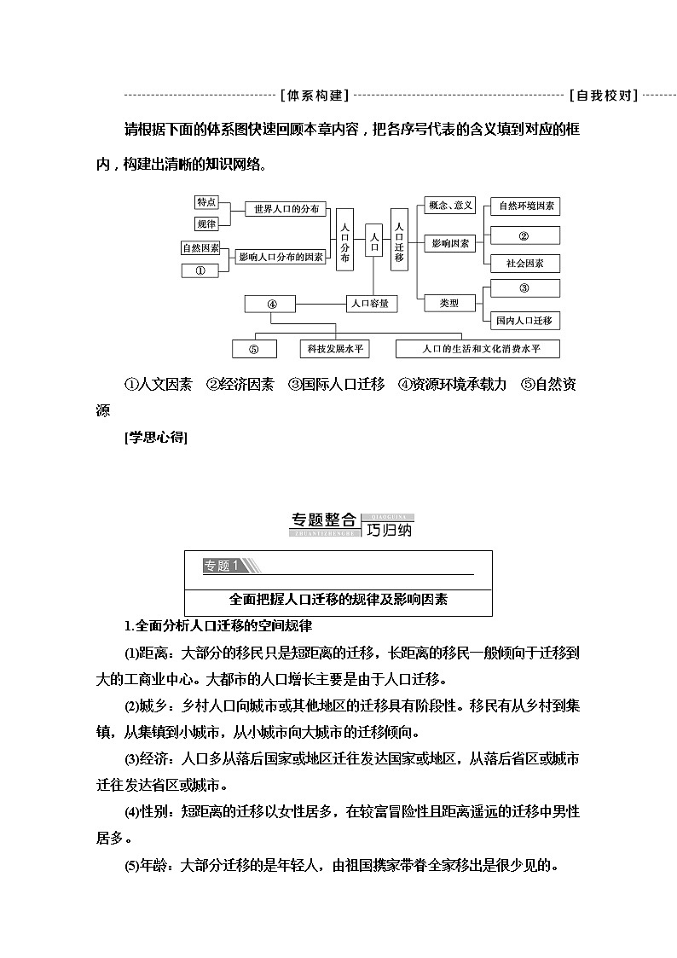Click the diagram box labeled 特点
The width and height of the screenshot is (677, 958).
(206, 202)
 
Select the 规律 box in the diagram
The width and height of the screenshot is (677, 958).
(206, 224)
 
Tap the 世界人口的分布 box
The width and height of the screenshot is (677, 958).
(281, 209)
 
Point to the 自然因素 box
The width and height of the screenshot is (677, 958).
(200, 248)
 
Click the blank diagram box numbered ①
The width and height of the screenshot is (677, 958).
(200, 270)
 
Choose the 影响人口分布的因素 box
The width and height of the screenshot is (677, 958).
(281, 256)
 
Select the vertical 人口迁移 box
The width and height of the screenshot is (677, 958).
(399, 239)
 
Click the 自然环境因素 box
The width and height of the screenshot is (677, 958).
(525, 206)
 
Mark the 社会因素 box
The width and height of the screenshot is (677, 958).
(525, 263)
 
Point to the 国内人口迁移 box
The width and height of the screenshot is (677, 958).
(525, 321)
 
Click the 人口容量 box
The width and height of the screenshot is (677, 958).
(373, 302)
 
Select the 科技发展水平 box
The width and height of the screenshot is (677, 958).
(336, 348)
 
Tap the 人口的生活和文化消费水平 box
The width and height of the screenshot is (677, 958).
(479, 348)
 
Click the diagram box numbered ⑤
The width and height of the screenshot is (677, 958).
(253, 348)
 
